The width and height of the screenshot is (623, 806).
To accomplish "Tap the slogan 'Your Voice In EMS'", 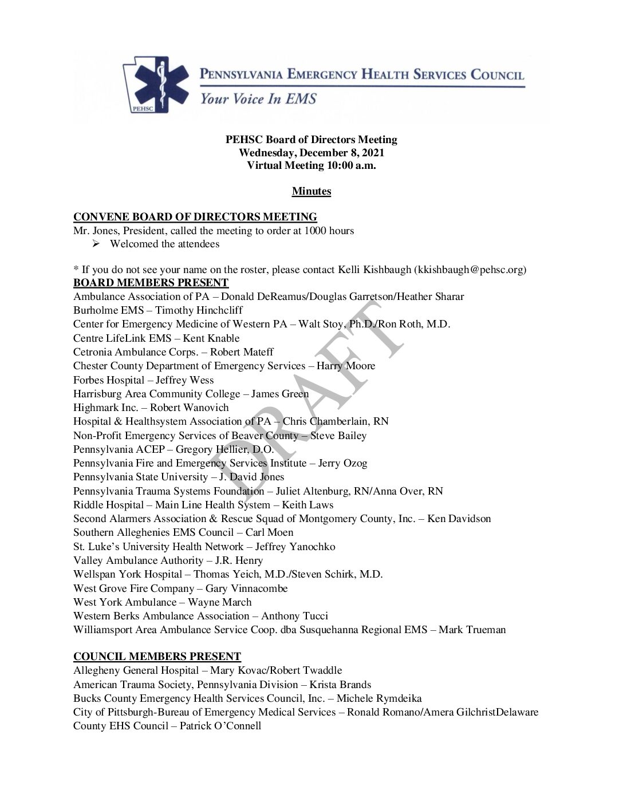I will coord(258,99).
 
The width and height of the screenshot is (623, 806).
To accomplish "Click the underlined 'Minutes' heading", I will coord(311,191).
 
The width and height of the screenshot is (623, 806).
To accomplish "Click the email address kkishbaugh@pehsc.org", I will coord(470,269).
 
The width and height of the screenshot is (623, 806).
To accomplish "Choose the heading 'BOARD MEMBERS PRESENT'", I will coord(151,283).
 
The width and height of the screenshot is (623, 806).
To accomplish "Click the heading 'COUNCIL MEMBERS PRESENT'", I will coord(157,657).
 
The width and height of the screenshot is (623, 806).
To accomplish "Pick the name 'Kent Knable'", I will coord(211,338).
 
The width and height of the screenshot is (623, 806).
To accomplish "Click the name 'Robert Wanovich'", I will coord(189,408).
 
